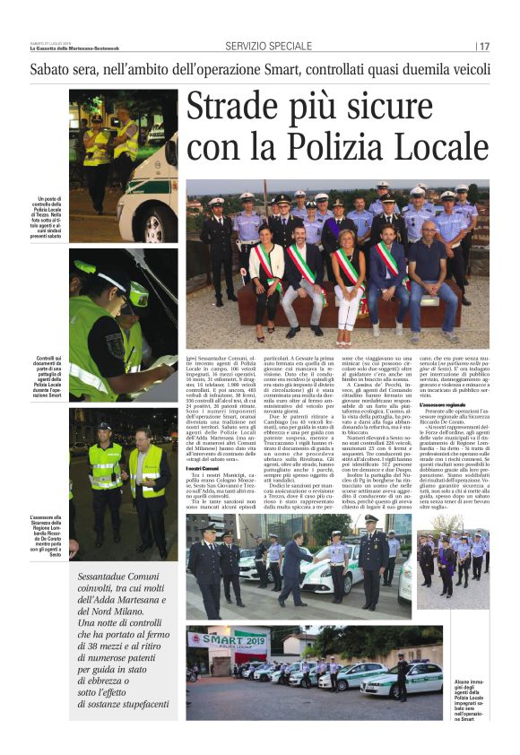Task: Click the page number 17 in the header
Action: pyautogui.click(x=484, y=47)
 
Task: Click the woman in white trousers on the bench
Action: pyautogui.click(x=348, y=291)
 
